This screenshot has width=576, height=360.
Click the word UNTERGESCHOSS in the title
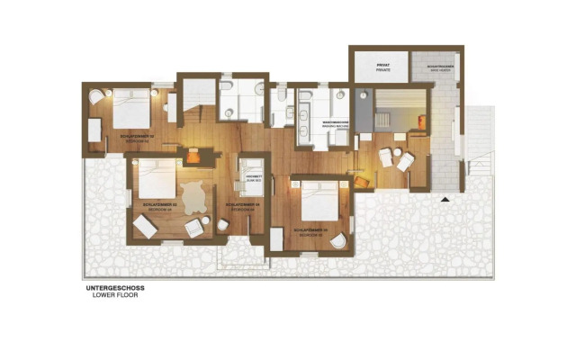point(114,288)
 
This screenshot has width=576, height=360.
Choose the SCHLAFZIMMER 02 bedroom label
point(137,137)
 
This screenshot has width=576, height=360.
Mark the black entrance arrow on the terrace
point(445,198)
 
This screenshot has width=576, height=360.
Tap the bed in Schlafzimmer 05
point(318,200)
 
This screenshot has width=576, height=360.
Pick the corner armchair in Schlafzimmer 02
point(98,97)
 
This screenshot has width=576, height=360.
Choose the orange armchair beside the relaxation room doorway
point(363,181)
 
